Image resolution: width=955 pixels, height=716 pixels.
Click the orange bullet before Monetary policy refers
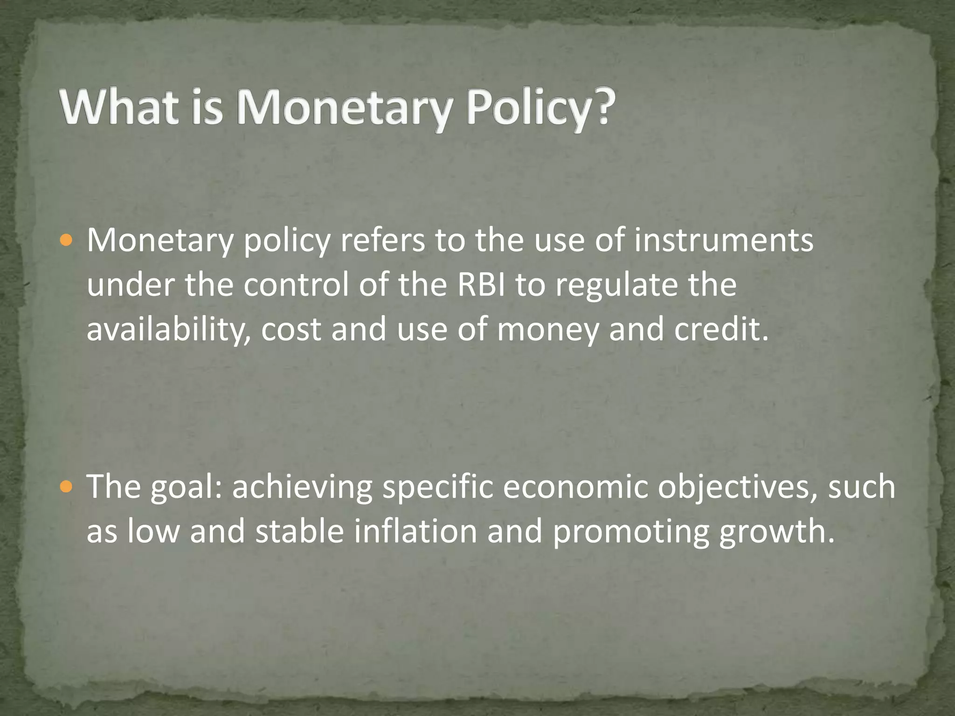67,241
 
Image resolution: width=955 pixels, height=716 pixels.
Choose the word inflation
415,531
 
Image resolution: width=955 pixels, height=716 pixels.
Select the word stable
299,531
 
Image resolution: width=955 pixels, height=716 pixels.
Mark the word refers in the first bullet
382,240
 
